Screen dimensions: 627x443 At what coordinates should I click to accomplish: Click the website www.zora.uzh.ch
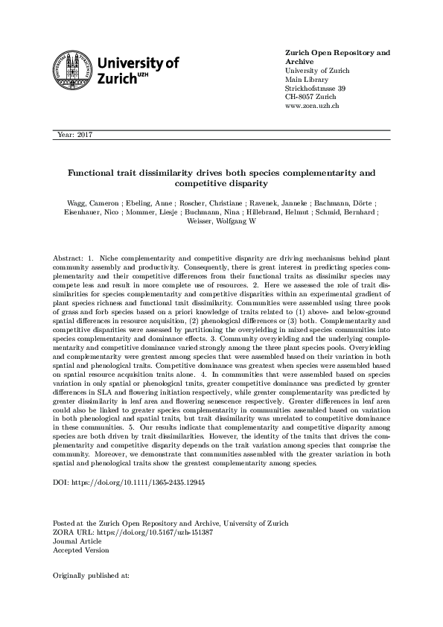(x=313, y=106)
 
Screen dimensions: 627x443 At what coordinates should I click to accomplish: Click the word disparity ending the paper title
(x=248, y=182)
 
